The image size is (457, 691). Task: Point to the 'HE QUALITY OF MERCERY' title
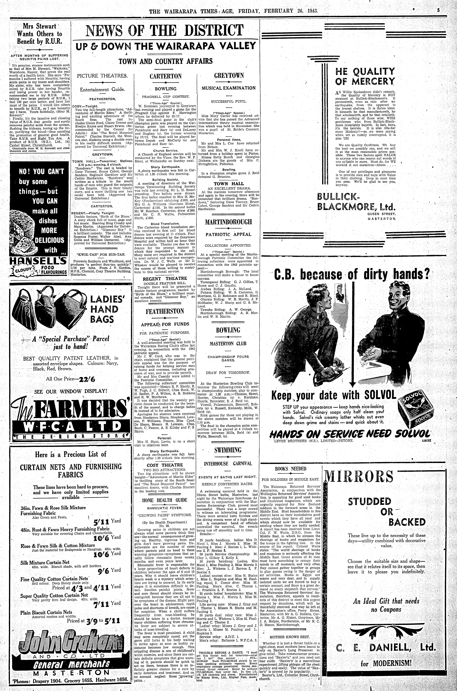point(365,76)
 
